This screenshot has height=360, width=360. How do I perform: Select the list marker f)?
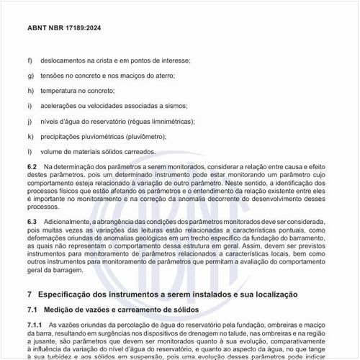coord(30,60)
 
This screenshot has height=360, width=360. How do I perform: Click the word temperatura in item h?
coord(58,91)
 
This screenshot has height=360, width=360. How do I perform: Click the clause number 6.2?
coord(32,166)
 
